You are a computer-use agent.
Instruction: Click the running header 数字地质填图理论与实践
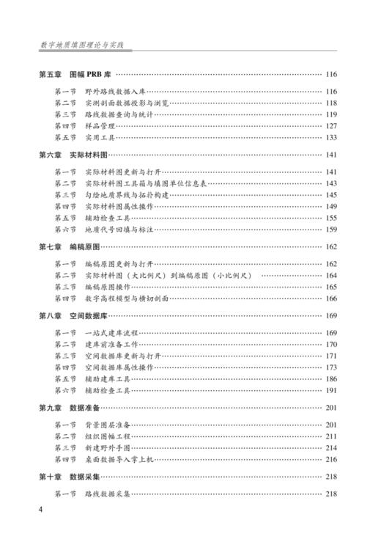[83, 45]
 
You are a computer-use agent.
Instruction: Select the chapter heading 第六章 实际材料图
[73, 155]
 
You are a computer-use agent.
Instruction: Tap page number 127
[330, 125]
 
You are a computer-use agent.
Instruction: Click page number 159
[330, 230]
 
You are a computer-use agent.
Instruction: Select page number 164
[330, 275]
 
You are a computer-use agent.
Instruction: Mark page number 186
[330, 378]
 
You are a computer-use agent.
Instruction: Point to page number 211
[330, 436]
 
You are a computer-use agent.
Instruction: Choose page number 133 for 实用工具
[330, 137]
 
